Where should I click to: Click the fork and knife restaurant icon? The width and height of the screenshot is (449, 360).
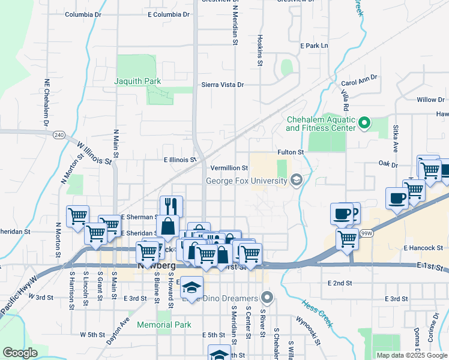click(x=170, y=207)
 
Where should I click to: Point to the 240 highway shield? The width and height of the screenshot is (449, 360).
click(x=58, y=135)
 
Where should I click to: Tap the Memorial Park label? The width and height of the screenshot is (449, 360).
click(x=164, y=325)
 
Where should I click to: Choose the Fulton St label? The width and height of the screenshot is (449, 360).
click(x=291, y=153)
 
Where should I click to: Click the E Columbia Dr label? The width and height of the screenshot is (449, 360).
click(x=154, y=14)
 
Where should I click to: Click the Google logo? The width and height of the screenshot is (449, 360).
click(x=20, y=353)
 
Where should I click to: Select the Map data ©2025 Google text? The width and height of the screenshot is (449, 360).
click(x=412, y=355)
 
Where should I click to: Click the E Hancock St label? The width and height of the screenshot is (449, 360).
click(x=423, y=247)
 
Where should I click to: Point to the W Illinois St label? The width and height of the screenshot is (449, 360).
click(x=94, y=152)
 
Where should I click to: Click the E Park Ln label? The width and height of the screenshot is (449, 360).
click(x=315, y=46)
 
